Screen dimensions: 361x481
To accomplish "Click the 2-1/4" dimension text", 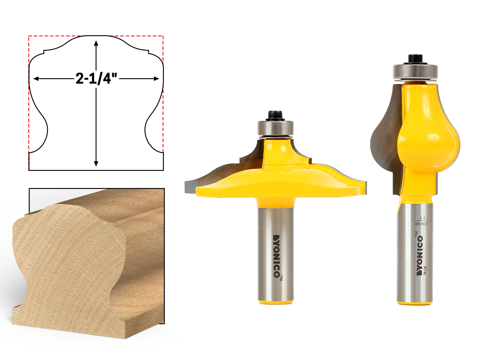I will [x=96, y=79].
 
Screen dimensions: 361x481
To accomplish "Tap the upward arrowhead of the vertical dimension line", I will [x=96, y=43].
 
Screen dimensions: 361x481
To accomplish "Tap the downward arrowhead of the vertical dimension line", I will [x=96, y=164].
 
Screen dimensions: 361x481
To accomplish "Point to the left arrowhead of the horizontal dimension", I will [x=36, y=79].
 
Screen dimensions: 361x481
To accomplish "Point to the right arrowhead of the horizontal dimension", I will [x=157, y=79].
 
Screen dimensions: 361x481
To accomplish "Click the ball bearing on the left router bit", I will [x=275, y=128].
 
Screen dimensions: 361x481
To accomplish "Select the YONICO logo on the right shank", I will [x=419, y=255].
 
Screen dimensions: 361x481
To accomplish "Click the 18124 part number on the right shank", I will [x=425, y=270].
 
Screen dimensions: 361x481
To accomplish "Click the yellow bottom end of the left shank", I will [x=276, y=301].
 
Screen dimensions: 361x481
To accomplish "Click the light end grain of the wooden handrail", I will [x=69, y=265].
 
